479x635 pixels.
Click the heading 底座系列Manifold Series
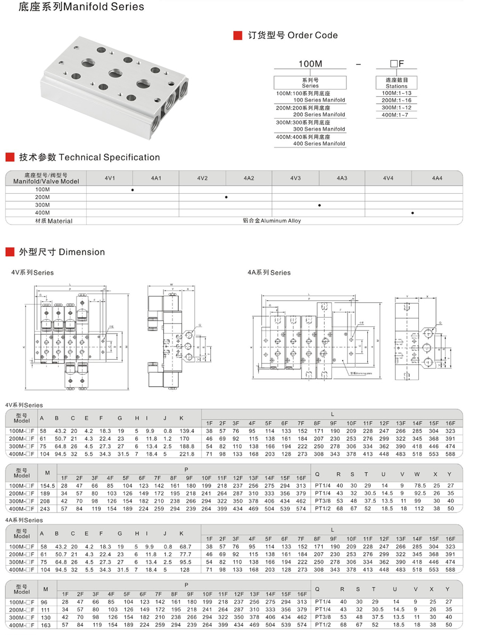(x=74, y=7)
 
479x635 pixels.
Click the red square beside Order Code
(x=238, y=36)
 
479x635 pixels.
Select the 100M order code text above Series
(x=310, y=64)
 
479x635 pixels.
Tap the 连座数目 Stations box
(x=396, y=83)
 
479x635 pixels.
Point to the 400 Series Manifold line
(x=319, y=144)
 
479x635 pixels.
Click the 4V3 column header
(x=295, y=178)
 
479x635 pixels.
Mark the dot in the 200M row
(x=226, y=197)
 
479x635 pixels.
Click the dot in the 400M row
(x=413, y=213)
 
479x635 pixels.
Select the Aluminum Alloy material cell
(x=271, y=221)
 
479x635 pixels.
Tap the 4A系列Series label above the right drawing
(x=269, y=273)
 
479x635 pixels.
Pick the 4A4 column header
(x=437, y=178)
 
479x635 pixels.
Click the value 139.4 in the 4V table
(x=187, y=431)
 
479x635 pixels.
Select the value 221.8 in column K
(x=187, y=454)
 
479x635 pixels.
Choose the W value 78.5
(x=420, y=485)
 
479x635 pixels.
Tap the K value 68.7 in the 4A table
(x=186, y=547)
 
